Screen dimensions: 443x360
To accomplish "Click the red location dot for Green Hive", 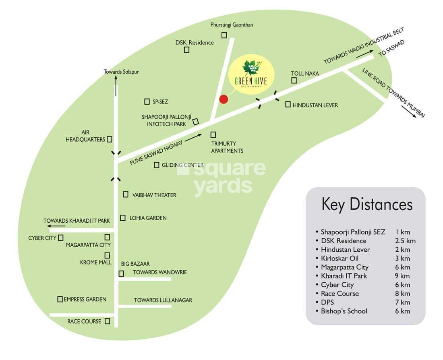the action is tap(224, 99).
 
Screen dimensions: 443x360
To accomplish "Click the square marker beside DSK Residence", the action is tap(186, 50).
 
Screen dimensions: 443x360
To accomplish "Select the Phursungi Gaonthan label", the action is tap(232, 25).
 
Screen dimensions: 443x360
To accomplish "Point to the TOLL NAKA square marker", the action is tap(294, 81).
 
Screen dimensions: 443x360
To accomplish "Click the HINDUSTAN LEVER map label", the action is tap(315, 105).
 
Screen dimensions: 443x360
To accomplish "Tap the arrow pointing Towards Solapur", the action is tap(116, 86).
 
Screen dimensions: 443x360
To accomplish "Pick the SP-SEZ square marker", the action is tap(147, 101).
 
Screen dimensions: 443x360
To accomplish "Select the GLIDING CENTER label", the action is tap(182, 165).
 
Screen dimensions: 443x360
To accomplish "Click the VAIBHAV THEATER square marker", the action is tap(126, 194).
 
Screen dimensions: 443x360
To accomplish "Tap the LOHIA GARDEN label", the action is tap(148, 218).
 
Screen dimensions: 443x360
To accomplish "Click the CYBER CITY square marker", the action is tap(61, 238).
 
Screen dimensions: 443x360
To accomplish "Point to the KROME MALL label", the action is tap(96, 262).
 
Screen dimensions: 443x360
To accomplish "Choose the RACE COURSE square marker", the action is tap(108, 321).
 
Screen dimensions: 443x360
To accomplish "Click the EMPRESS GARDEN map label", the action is tap(85, 299).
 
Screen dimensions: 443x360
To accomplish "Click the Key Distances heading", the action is tap(367, 204).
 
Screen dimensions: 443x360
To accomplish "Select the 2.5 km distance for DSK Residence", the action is tap(406, 241).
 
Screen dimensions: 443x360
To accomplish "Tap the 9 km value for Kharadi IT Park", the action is tap(402, 276).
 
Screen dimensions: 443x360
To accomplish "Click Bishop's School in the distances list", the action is tap(344, 311).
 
